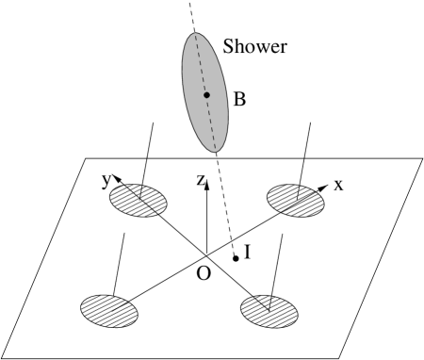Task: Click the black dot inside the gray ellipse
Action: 206,94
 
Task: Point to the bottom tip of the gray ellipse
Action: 216,151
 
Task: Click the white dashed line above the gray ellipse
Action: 190,13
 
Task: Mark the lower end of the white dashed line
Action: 233,251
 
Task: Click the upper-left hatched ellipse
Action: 138,200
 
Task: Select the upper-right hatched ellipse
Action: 295,200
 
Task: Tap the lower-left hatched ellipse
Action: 109,311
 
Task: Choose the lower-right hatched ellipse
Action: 269,312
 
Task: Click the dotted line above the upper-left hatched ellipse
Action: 146,155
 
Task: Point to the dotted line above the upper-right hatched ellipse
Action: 303,155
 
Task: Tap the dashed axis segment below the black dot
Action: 211,123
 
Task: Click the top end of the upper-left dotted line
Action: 153,122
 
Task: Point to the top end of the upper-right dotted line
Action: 310,122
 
